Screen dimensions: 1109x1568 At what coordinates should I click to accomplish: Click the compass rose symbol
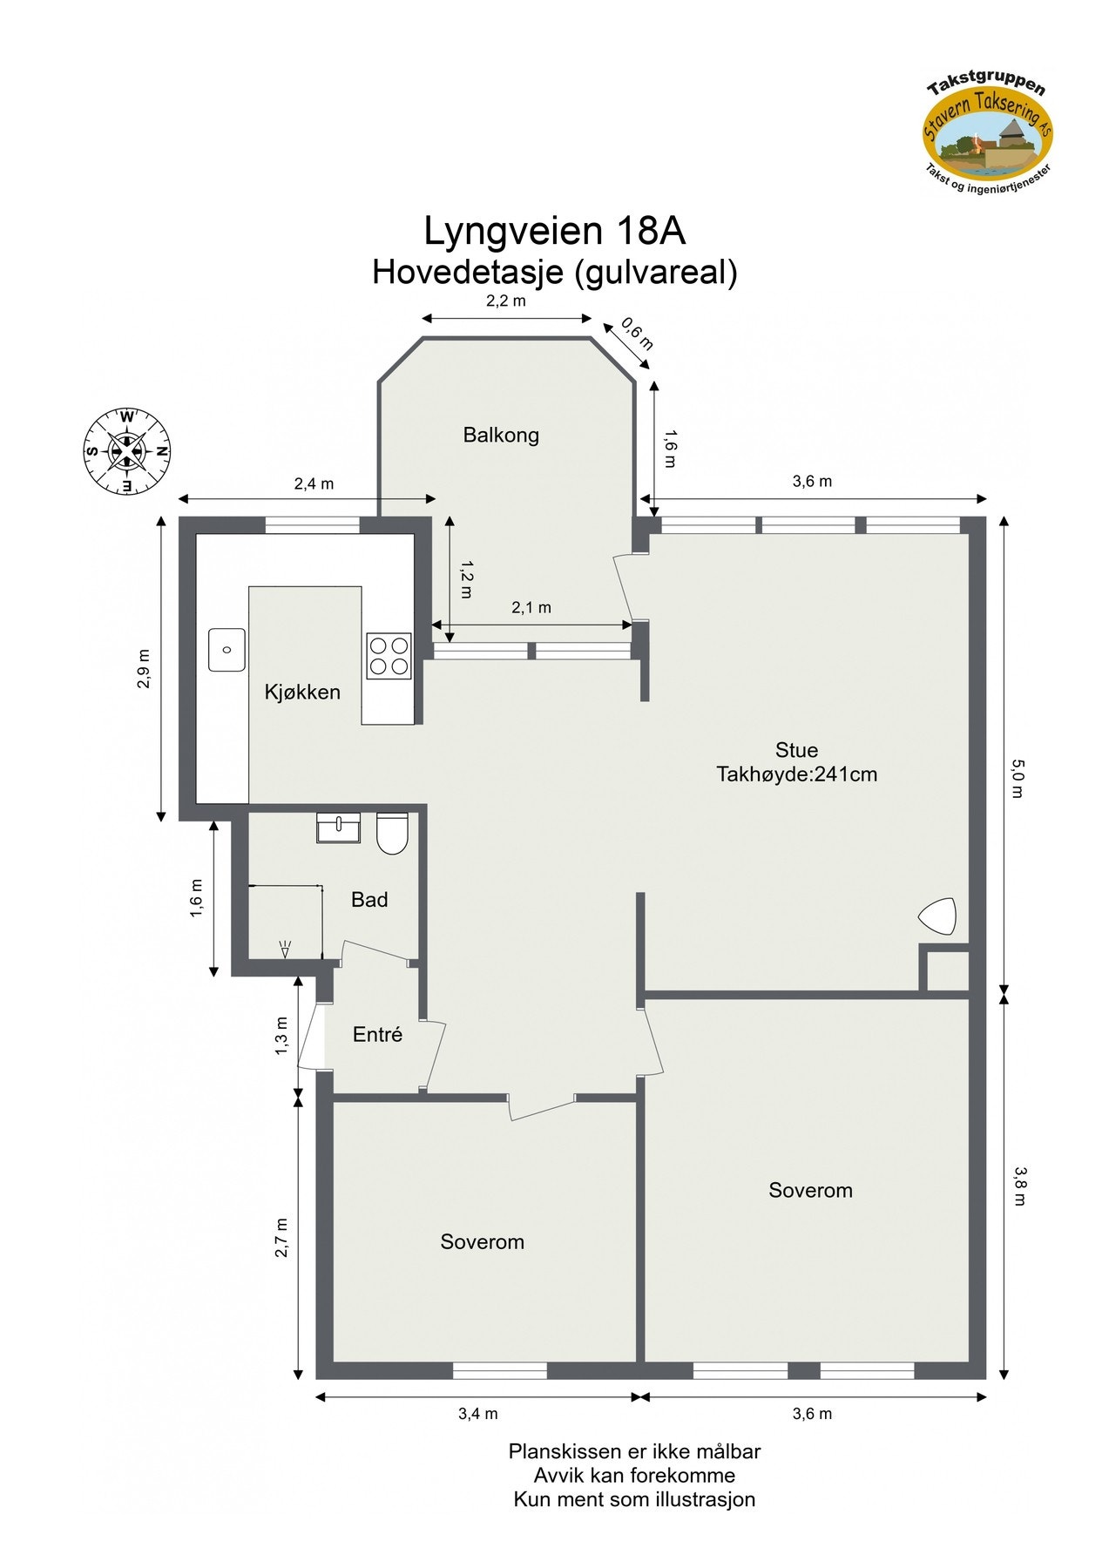pyautogui.click(x=126, y=451)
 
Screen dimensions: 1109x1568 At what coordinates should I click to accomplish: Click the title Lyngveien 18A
pyautogui.click(x=555, y=232)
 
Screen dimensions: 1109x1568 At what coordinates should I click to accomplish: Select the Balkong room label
pyautogui.click(x=501, y=435)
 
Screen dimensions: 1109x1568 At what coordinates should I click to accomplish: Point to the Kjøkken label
pyautogui.click(x=302, y=693)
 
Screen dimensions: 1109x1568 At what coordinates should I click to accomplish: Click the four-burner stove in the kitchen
pyautogui.click(x=389, y=656)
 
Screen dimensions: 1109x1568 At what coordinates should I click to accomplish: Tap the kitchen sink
pyautogui.click(x=227, y=650)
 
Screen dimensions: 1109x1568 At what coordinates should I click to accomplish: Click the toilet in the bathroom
pyautogui.click(x=392, y=833)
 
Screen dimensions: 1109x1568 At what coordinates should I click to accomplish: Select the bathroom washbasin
pyautogui.click(x=338, y=828)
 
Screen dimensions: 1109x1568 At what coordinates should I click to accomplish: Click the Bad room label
pyautogui.click(x=369, y=900)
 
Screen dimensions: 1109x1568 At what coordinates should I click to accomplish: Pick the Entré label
pyautogui.click(x=377, y=1035)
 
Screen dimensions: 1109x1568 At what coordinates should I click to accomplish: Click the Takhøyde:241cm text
pyautogui.click(x=796, y=774)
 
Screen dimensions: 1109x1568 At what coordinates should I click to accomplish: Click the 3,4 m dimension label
pyautogui.click(x=478, y=1413)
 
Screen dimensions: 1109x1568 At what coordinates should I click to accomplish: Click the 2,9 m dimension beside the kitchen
pyautogui.click(x=145, y=668)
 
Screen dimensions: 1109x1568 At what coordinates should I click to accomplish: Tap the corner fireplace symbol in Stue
pyautogui.click(x=937, y=916)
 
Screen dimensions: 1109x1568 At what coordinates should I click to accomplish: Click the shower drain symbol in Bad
pyautogui.click(x=285, y=949)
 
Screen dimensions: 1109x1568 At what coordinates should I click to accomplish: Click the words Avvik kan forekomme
pyautogui.click(x=634, y=1475)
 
